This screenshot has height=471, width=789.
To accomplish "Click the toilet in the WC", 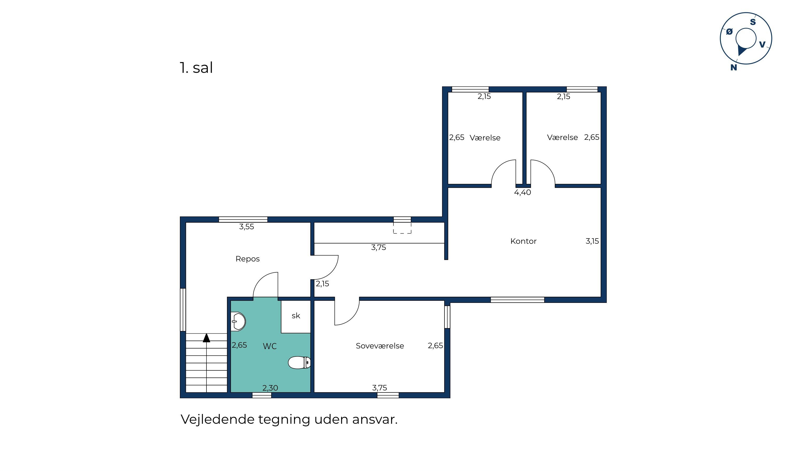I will coord(299,363).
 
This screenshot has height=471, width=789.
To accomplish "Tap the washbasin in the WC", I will coord(238,322).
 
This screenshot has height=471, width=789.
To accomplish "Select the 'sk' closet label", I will coord(296,315).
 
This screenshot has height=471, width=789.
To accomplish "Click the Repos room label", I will coord(247,259).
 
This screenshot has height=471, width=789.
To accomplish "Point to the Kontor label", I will coord(523,241).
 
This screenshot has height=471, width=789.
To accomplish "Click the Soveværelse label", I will coord(380,346).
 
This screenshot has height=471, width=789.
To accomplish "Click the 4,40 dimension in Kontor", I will coord(522,192).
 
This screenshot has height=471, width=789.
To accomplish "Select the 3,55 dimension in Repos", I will coord(247,227).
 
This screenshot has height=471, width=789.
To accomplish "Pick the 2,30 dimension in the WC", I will coord(270,388).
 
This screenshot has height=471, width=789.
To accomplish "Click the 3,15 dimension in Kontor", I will coord(592,241).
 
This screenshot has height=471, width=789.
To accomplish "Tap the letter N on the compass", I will coord(734,68).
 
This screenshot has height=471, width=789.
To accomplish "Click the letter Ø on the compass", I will coord(730,32).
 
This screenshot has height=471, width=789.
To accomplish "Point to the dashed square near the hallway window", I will coord(402,228).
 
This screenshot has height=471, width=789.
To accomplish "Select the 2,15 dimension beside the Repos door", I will coord(322,284).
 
